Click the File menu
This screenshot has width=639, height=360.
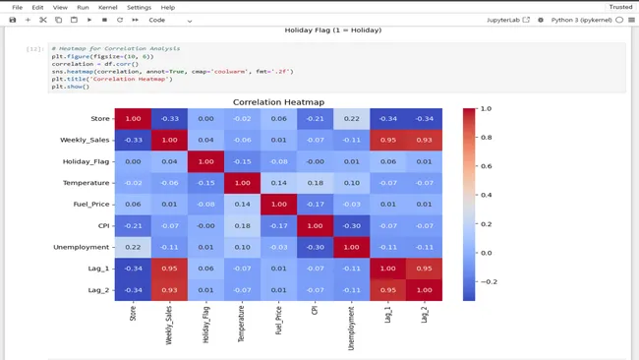click(x=17, y=7)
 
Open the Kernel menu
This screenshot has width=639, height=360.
click(x=107, y=7)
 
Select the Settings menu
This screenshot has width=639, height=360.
click(x=139, y=7)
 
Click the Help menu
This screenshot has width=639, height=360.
click(x=168, y=7)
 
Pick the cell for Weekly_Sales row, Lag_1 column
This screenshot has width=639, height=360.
click(x=386, y=140)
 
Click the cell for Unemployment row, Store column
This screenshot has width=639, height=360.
click(x=133, y=246)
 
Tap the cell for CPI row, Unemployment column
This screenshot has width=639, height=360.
click(x=351, y=225)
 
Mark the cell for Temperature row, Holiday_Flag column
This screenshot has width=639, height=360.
click(x=205, y=182)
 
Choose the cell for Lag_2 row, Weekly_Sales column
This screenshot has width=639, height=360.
click(x=169, y=289)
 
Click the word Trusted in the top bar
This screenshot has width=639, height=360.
click(x=620, y=7)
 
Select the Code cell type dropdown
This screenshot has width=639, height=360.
click(x=169, y=20)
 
